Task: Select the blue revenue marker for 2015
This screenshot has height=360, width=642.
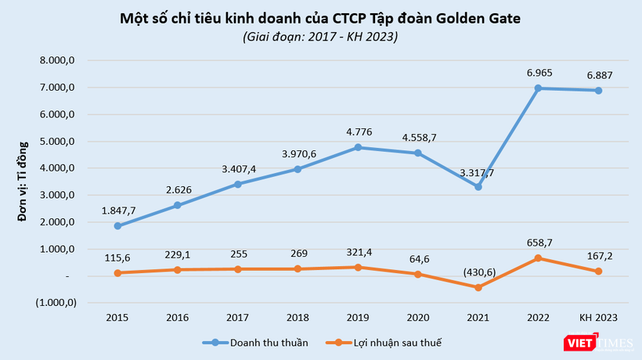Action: [x=117, y=226]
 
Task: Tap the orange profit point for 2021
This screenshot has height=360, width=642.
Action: [x=478, y=287]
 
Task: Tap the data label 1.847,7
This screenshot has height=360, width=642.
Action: [x=118, y=211]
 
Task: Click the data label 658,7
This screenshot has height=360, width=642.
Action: [x=539, y=243]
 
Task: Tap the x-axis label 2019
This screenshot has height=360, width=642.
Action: [x=358, y=317]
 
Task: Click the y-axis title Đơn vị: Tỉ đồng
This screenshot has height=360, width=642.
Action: [x=23, y=181]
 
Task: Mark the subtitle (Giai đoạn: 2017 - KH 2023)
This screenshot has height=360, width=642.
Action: [x=320, y=37]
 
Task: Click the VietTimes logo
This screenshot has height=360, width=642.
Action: [x=604, y=342]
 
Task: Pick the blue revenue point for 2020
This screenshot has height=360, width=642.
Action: [x=418, y=153]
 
